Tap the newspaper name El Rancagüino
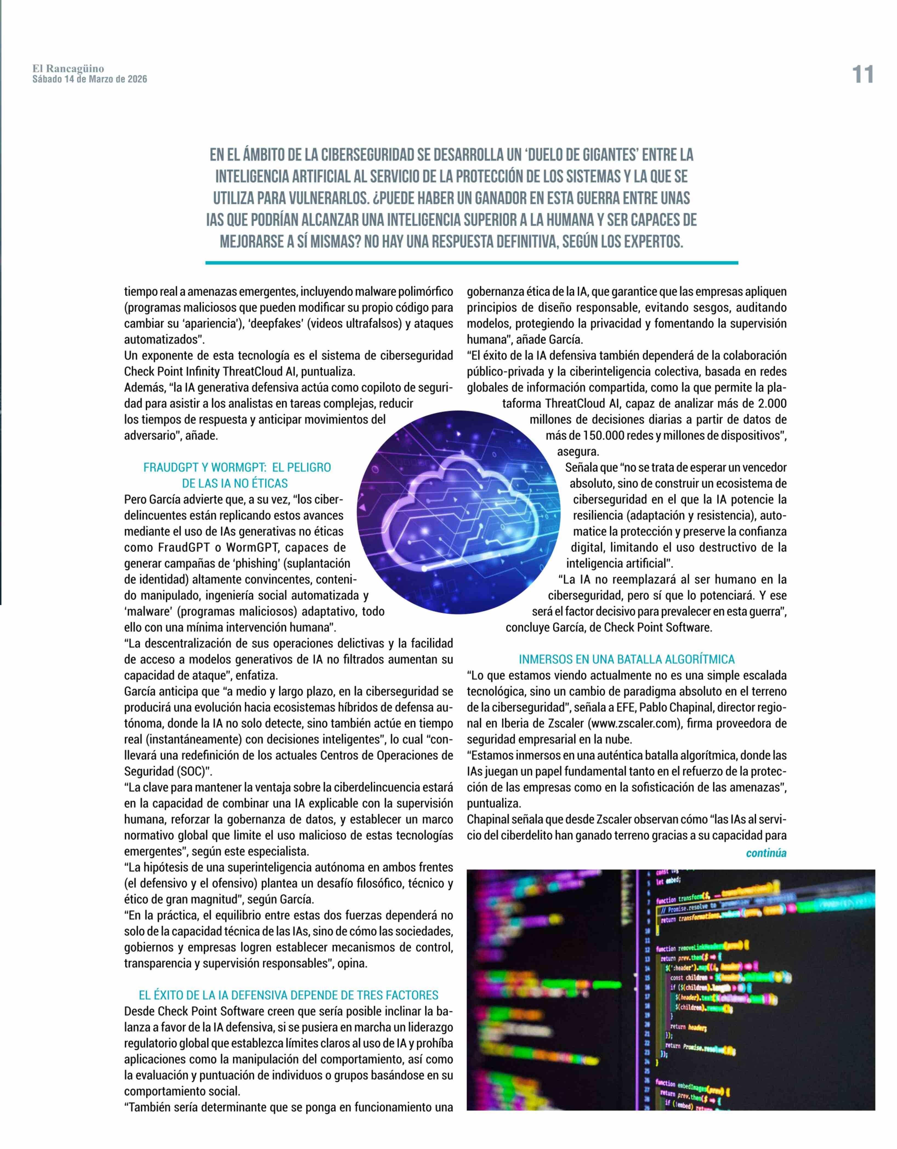coord(68,69)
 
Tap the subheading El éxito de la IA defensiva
coord(288,995)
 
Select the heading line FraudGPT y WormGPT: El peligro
coord(237,467)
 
